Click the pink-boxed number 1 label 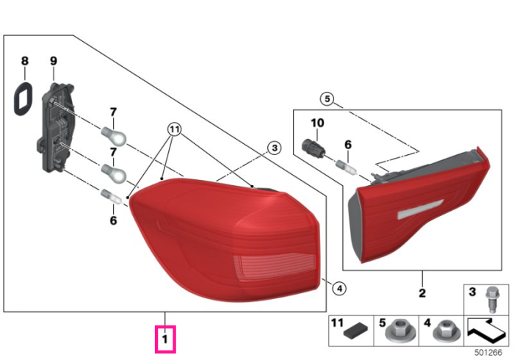click(165, 339)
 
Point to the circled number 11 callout click(175, 129)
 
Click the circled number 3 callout click(275, 148)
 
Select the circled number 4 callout click(339, 289)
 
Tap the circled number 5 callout click(327, 98)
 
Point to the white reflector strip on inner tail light click(420, 209)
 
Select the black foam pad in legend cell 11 click(355, 331)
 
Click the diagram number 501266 click(488, 353)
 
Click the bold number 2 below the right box click(422, 293)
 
